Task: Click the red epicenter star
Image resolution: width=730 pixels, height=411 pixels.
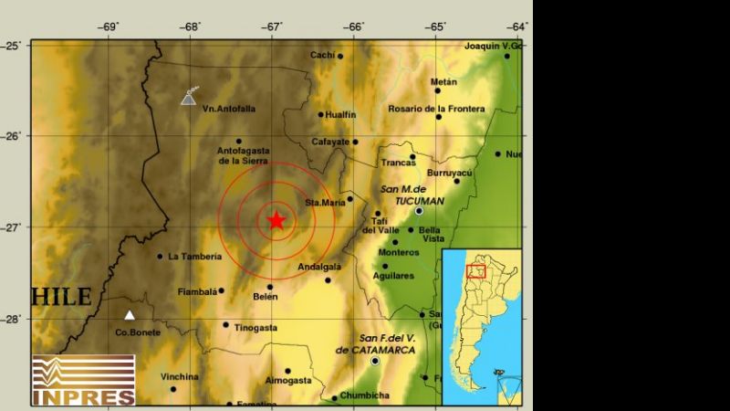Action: click(276, 220)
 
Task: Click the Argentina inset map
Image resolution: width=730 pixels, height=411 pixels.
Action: click(482, 325)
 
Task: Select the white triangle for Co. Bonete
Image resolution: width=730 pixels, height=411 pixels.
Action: click(130, 315)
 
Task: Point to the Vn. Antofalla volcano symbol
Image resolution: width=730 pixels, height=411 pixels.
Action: click(189, 97)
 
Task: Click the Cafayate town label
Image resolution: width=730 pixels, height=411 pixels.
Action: click(330, 142)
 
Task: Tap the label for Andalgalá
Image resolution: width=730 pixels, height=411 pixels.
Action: click(319, 267)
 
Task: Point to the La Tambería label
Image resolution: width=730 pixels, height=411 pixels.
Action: click(194, 257)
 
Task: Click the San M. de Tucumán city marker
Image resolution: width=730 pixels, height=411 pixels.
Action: click(419, 211)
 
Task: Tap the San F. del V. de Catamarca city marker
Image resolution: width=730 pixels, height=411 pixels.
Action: click(375, 361)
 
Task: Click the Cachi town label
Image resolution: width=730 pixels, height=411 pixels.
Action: click(322, 55)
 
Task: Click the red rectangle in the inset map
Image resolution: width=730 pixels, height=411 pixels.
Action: click(476, 270)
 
